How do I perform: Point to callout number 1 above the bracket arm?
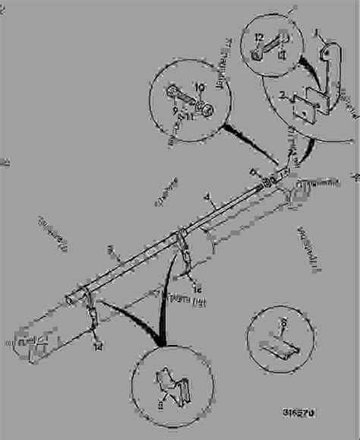pyautogui.click(x=318, y=33)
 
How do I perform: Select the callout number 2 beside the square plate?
pyautogui.click(x=282, y=97)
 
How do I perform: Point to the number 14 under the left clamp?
pyautogui.click(x=97, y=347)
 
